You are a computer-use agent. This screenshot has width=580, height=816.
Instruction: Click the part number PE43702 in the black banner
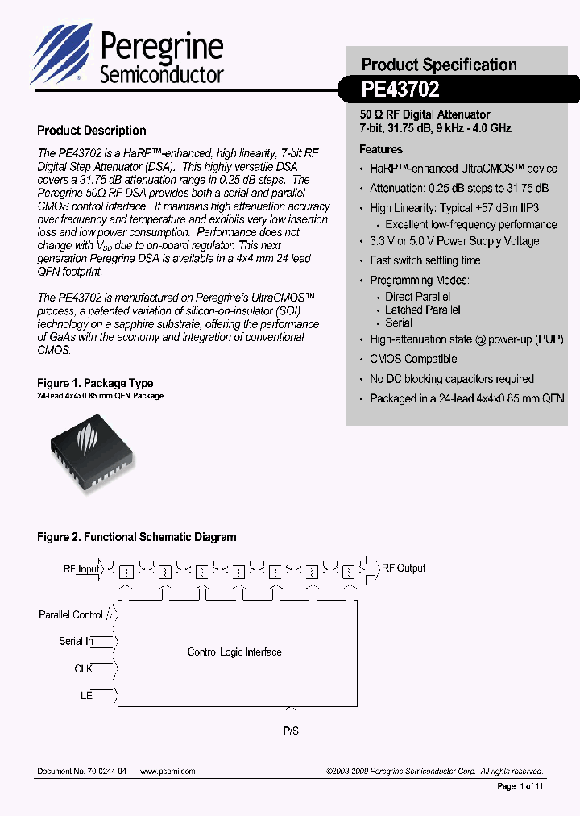(x=400, y=89)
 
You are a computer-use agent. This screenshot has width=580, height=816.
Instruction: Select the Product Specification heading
(x=439, y=65)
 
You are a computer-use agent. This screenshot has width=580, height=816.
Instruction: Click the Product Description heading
(x=92, y=131)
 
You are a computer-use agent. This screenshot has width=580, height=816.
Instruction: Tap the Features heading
(x=381, y=149)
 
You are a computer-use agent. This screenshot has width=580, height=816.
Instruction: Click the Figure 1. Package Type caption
(x=95, y=383)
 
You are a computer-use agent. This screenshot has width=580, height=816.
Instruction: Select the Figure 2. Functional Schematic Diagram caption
(x=137, y=536)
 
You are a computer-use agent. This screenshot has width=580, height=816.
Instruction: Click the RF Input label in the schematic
(x=81, y=568)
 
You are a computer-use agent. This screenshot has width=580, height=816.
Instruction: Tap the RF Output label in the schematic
(x=403, y=568)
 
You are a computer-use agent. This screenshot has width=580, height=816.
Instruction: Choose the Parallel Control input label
(x=71, y=614)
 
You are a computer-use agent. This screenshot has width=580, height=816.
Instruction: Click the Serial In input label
(x=76, y=641)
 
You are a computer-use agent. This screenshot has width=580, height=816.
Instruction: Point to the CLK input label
(x=84, y=668)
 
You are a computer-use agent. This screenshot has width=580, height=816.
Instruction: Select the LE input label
(x=86, y=694)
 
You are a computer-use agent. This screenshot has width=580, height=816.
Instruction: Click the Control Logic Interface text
(x=234, y=652)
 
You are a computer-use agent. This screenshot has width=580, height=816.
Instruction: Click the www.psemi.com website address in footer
(x=168, y=771)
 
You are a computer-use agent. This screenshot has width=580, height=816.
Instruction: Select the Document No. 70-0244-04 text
(x=81, y=771)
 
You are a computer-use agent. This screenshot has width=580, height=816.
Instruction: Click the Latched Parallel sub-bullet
(x=423, y=310)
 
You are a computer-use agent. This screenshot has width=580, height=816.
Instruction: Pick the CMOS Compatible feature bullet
(x=413, y=359)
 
